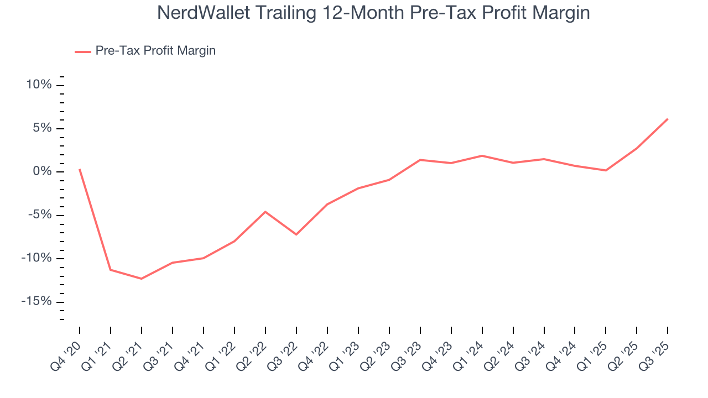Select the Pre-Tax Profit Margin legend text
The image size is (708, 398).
pos(155,51)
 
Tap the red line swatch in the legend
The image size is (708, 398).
pos(83,51)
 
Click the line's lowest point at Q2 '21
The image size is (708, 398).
pos(142,279)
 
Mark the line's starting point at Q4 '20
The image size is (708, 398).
pos(80,169)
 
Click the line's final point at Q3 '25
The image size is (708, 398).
pos(668,119)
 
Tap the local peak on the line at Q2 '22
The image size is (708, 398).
pos(265,212)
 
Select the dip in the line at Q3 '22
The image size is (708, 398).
pos(296,234)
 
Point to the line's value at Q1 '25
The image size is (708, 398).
pos(606,170)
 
